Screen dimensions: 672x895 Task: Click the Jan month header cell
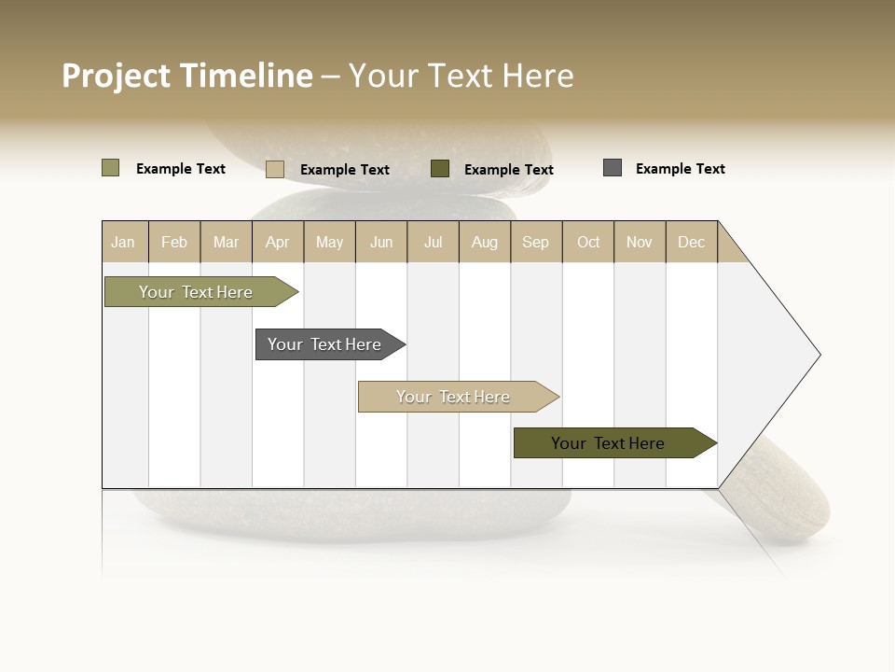point(124,242)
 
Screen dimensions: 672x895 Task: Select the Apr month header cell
point(278,242)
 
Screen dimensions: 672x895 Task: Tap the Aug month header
point(485,242)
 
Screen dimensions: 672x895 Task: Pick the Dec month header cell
point(692,242)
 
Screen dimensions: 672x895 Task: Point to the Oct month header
point(588,242)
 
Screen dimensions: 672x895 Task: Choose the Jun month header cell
point(381,242)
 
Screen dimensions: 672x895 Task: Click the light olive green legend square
point(110,168)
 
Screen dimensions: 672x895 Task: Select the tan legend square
point(275,169)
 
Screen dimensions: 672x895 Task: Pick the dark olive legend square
point(440,168)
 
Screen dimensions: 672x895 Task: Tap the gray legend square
point(613,168)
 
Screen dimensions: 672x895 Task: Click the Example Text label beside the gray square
point(680,169)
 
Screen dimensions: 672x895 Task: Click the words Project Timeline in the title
point(186,76)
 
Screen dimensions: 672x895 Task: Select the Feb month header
point(174,242)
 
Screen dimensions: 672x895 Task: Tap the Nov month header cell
point(640,242)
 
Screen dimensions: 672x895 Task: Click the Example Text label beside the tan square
point(344,170)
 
